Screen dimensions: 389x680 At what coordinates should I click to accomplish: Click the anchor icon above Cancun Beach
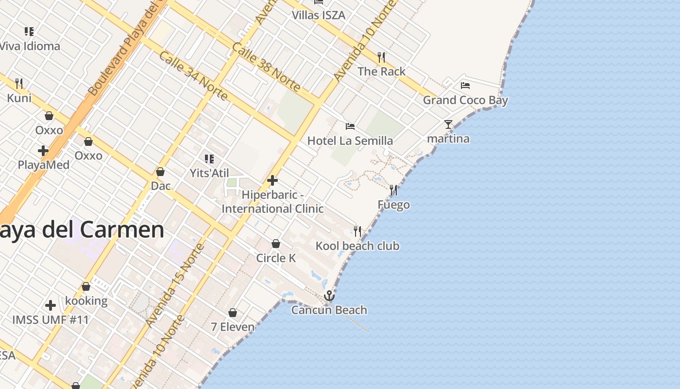point(329,296)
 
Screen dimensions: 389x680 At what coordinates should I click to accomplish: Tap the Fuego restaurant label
point(393,205)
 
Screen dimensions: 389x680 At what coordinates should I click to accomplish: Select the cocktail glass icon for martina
point(448,124)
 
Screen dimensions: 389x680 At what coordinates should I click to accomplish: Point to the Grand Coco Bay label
point(465,100)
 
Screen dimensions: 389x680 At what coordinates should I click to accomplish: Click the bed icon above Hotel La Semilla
point(350,126)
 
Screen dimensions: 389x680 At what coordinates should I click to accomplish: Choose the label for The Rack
point(381,71)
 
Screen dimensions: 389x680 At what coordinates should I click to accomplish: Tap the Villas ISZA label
point(318,15)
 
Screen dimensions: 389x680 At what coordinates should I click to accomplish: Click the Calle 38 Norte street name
point(266,67)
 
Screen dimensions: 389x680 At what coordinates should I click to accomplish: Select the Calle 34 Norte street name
point(193,76)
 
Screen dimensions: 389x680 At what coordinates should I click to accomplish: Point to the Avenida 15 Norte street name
point(175,285)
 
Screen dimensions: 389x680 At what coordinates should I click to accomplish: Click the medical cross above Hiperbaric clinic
point(272,180)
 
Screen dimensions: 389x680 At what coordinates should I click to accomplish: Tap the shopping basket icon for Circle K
point(276,244)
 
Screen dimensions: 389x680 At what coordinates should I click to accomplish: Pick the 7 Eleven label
point(233,327)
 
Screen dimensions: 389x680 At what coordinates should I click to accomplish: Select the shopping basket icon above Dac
point(160,172)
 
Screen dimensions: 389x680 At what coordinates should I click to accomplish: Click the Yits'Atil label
point(209,173)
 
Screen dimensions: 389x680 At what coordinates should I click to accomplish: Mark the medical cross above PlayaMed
point(43,151)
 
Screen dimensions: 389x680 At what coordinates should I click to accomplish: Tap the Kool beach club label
point(357,246)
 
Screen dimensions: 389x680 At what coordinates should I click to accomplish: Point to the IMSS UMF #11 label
point(51,320)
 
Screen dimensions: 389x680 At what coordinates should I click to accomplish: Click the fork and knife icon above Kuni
point(19,84)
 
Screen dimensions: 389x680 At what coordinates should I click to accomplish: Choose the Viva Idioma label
point(30,46)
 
